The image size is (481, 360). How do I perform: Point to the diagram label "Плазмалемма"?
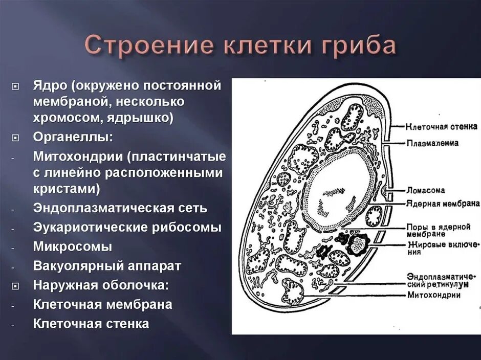pyautogui.click(x=433, y=143)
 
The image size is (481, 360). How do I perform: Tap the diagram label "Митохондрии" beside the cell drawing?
pyautogui.click(x=434, y=295)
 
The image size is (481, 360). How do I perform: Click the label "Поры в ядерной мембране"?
pyautogui.click(x=438, y=230)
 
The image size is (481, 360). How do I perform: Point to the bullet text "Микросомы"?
pyautogui.click(x=73, y=246)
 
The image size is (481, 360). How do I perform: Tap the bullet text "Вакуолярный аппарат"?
pyautogui.click(x=107, y=266)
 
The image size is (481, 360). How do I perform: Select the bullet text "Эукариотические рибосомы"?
pyautogui.click(x=127, y=228)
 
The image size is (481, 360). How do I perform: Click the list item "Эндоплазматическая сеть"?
pyautogui.click(x=120, y=208)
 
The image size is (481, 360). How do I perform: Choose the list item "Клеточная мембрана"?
pyautogui.click(x=102, y=305)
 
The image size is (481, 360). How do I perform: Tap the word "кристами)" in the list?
pyautogui.click(x=66, y=189)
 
